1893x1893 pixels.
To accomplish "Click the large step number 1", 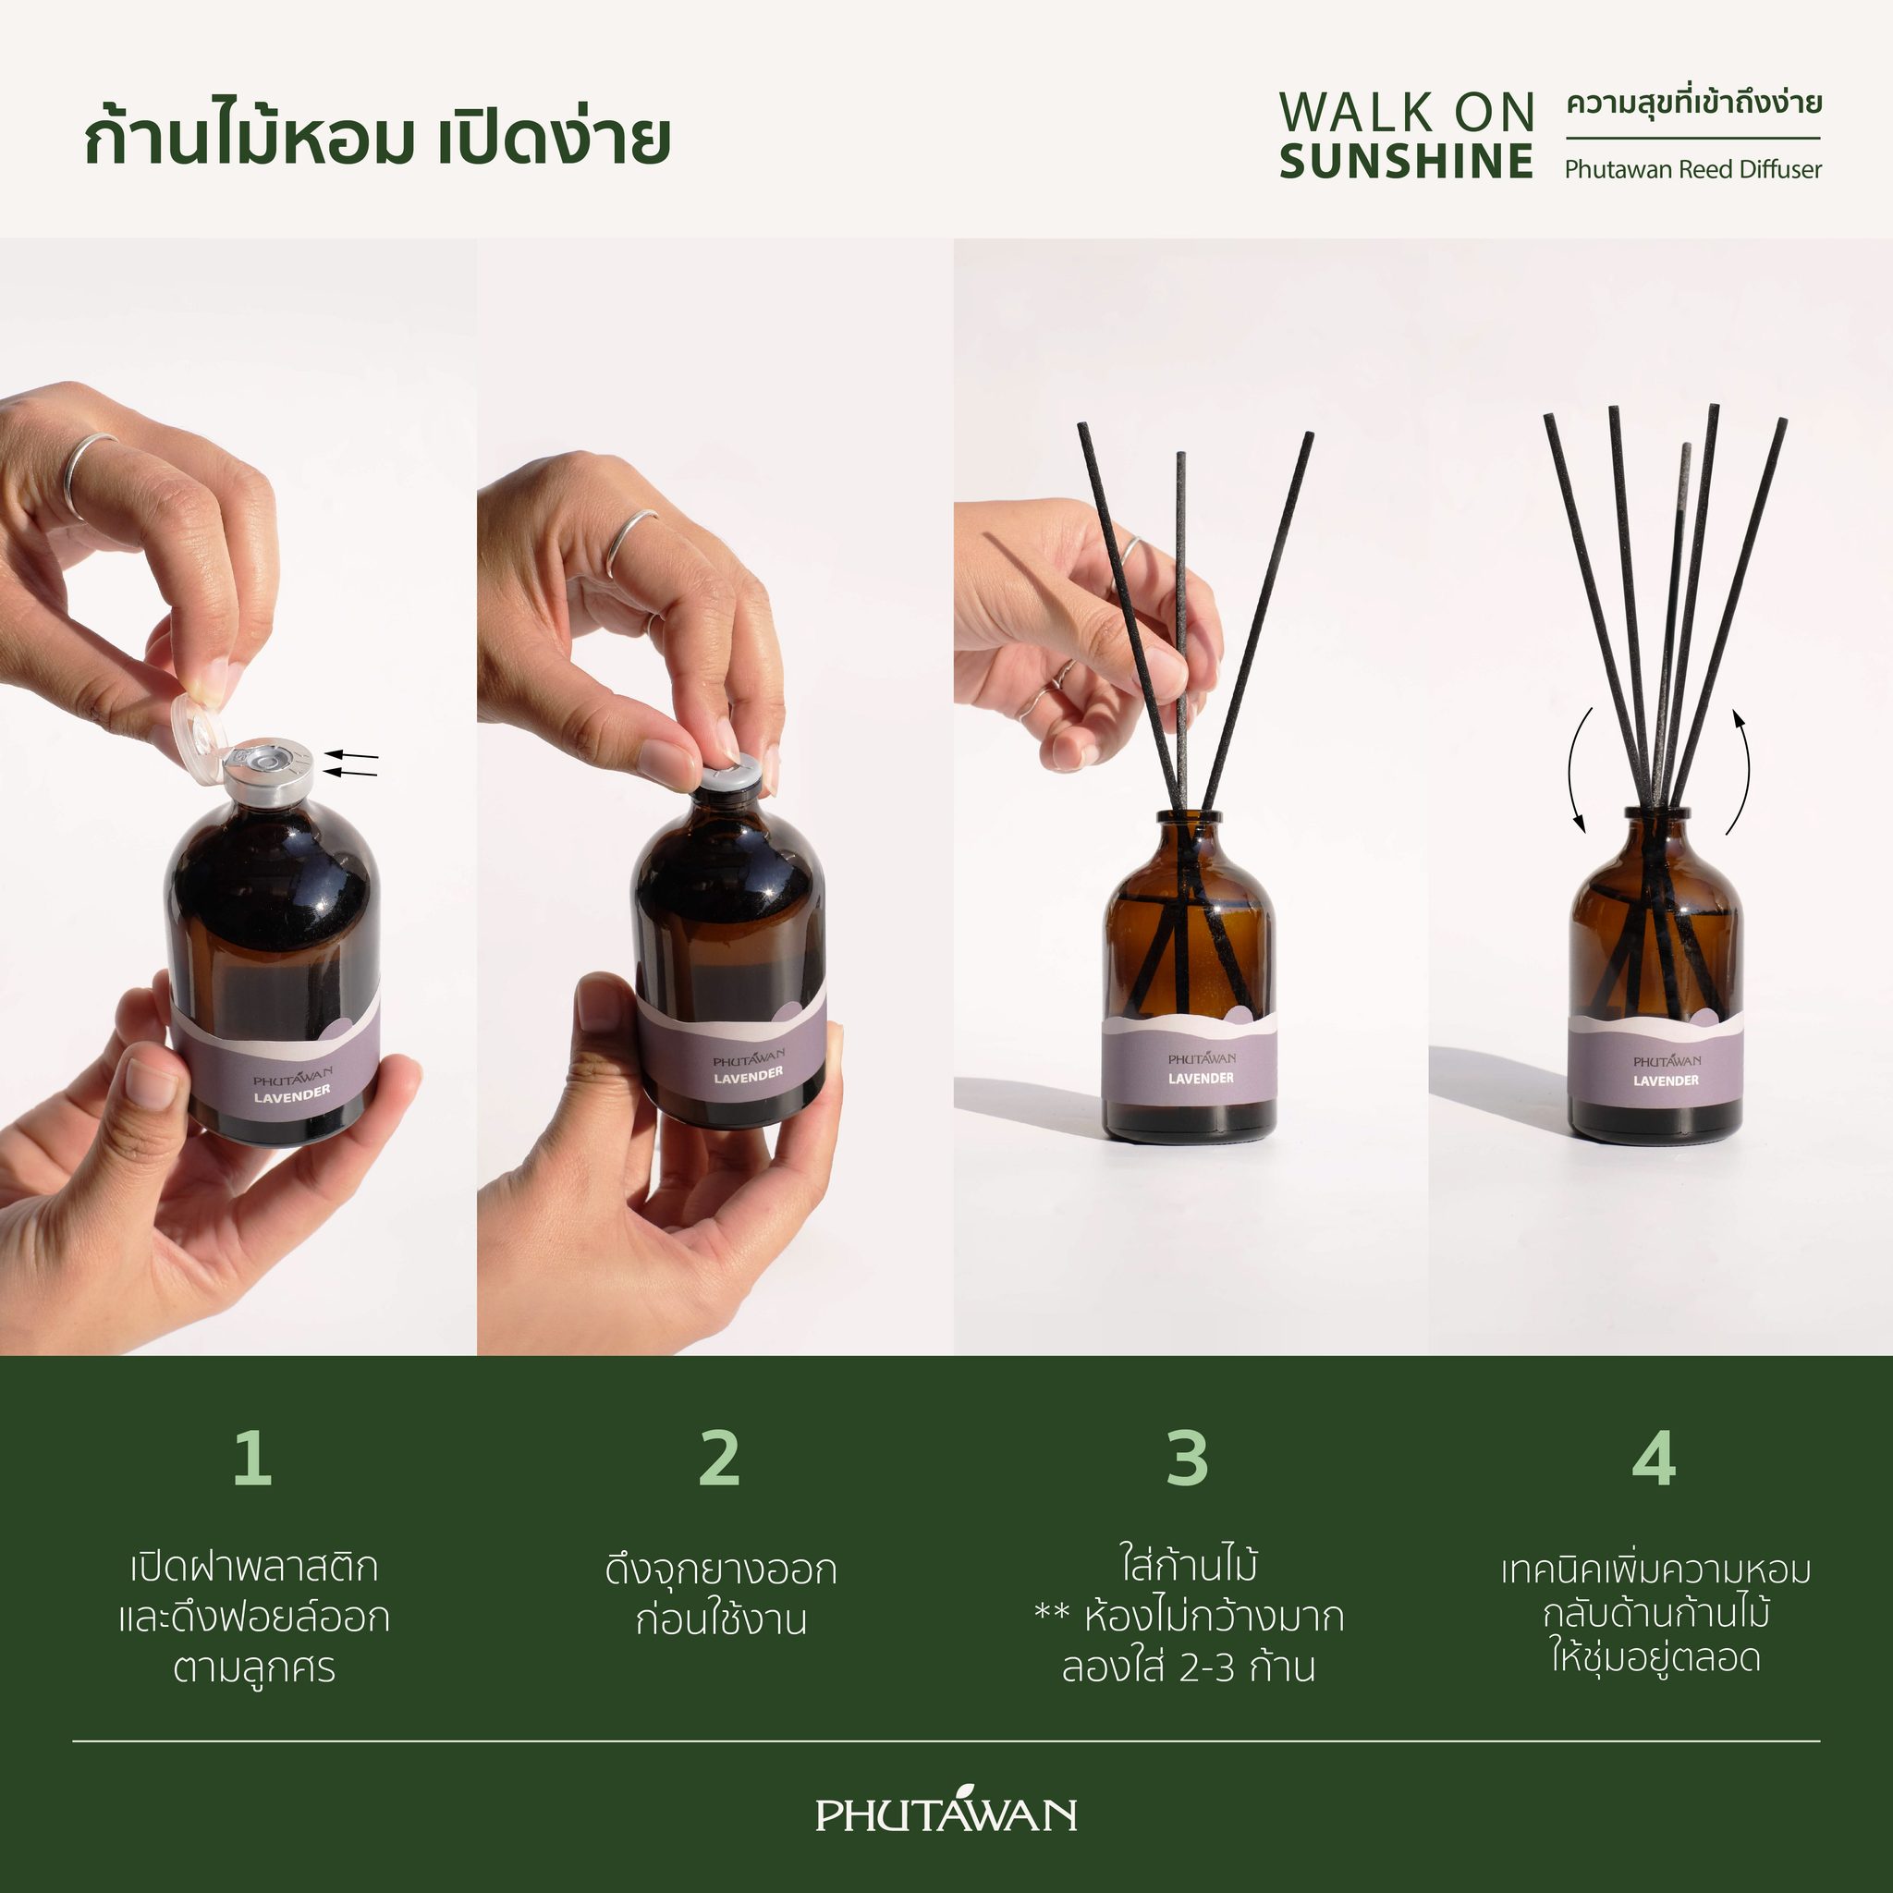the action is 252,1458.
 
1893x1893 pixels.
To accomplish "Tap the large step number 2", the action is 720,1458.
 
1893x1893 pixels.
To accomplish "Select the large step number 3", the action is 1188,1458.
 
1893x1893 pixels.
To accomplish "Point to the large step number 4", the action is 1654,1458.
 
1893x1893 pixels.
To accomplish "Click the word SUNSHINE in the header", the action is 1406,162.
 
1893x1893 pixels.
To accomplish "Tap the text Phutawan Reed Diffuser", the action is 1693,169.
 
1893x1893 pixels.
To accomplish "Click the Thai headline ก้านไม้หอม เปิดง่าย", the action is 377,137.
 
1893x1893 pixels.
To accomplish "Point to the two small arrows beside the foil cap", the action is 350,763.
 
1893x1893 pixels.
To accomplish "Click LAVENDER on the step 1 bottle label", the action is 292,1093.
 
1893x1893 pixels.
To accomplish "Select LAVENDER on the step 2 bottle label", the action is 749,1075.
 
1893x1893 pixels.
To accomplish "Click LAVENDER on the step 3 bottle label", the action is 1202,1078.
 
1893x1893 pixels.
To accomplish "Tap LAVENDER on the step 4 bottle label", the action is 1666,1080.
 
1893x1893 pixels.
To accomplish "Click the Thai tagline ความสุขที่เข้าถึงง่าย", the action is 1694,104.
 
